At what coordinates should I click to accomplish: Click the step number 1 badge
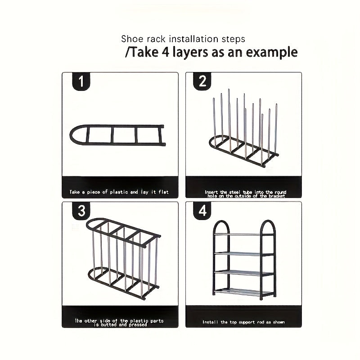[81, 81]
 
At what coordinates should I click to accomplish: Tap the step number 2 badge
[202, 81]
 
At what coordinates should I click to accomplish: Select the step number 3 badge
[81, 211]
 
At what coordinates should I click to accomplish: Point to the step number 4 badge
[202, 211]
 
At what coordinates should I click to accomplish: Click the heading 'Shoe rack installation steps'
[183, 39]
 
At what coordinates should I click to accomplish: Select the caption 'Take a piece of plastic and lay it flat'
[119, 192]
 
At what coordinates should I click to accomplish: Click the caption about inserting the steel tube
[245, 194]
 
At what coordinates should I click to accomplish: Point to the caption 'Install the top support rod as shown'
[243, 322]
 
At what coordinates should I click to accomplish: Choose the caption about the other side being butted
[119, 323]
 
